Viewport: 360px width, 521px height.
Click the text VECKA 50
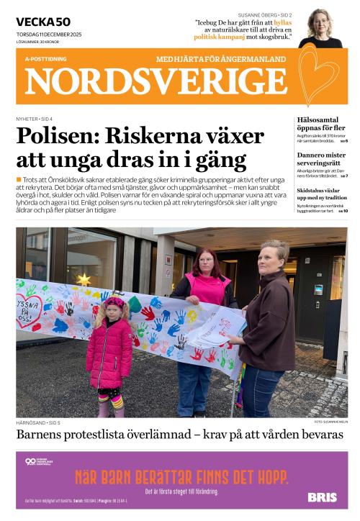coord(42,22)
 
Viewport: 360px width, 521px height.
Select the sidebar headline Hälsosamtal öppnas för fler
coord(322,124)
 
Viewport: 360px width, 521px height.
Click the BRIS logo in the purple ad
coord(321,497)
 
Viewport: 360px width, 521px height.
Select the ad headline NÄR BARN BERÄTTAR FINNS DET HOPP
coord(181,477)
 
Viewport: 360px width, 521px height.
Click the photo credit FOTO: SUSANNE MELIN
coord(329,421)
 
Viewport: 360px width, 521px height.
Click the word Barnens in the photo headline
coord(44,435)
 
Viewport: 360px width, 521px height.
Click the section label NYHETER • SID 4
coord(34,118)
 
